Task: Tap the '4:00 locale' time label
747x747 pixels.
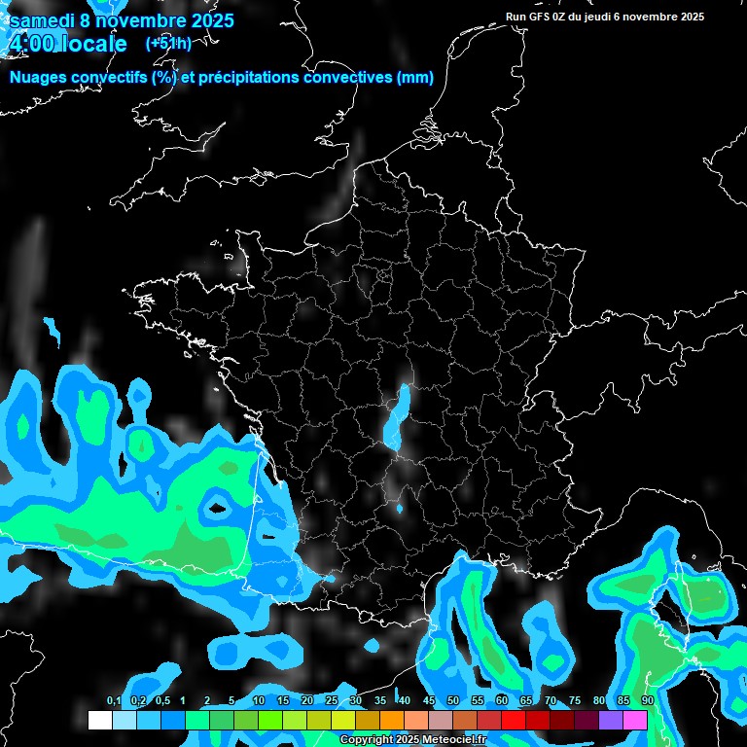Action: point(67,44)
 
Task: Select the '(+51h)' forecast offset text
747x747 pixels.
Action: point(168,43)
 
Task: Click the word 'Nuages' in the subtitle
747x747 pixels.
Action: point(36,78)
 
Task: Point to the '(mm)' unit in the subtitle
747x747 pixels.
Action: point(414,78)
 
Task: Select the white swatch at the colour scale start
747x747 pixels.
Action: point(99,720)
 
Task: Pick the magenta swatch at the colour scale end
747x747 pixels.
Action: point(635,720)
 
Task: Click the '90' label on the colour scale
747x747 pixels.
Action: point(647,701)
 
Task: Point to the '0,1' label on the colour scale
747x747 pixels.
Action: point(113,701)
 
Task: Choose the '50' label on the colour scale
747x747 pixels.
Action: point(452,701)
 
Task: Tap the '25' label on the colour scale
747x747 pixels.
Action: point(331,701)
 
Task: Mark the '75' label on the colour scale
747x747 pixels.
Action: point(574,701)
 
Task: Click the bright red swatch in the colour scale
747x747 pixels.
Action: point(514,720)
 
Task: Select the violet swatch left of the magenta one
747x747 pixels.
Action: point(611,720)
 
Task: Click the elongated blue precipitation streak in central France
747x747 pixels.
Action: point(396,418)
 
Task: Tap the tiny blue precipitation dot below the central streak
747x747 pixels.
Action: point(400,508)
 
